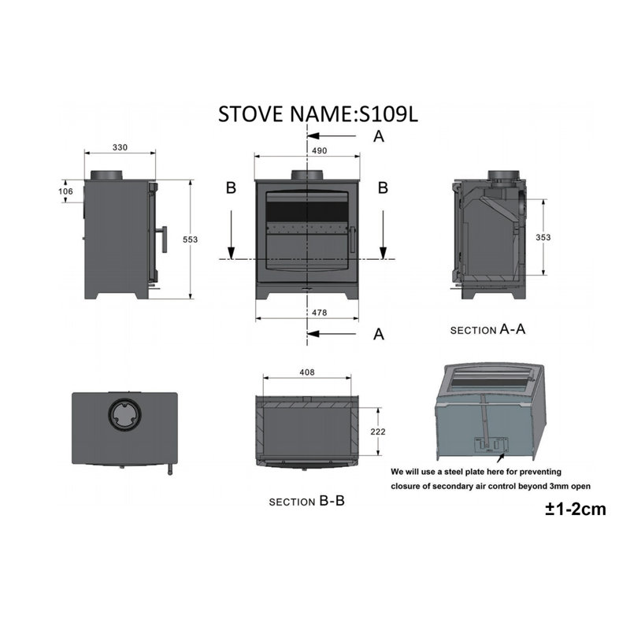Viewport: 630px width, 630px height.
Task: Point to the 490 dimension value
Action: point(319,150)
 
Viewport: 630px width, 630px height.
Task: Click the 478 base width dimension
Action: point(319,313)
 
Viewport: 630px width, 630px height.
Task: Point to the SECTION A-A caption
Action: point(487,330)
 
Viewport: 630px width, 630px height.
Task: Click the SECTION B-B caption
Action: point(306,501)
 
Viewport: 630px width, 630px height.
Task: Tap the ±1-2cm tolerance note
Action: point(576,509)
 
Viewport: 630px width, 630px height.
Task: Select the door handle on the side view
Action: point(164,239)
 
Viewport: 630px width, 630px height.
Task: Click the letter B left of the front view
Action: point(231,187)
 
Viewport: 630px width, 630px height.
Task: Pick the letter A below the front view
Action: point(379,334)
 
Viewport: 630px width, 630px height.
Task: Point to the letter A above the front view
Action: point(379,137)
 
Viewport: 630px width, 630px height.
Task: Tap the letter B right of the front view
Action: point(383,187)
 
